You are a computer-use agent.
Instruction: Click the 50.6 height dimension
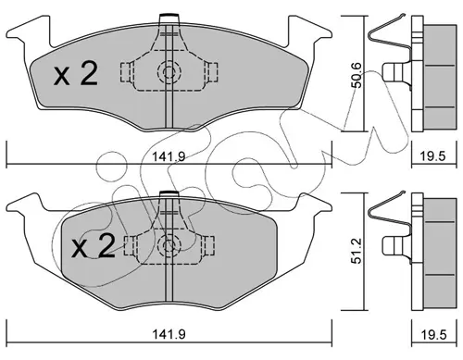(x=357, y=75)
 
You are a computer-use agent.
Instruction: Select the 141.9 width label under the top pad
(x=169, y=156)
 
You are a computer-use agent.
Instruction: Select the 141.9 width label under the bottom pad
(x=169, y=334)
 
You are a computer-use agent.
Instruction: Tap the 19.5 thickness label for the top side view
(x=434, y=156)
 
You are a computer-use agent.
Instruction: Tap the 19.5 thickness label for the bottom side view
(x=434, y=335)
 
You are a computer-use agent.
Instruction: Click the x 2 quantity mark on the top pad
(x=76, y=74)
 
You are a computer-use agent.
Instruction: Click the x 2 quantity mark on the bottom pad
(x=94, y=245)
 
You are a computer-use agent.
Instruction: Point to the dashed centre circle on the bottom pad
(x=169, y=245)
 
